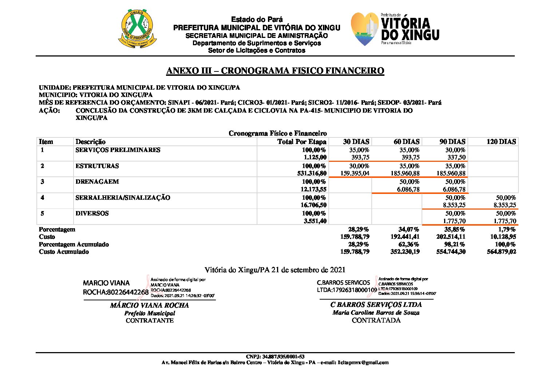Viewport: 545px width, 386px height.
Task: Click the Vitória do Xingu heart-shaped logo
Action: click(x=365, y=29)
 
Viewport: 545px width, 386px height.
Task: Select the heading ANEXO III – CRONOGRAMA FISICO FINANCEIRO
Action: click(x=275, y=71)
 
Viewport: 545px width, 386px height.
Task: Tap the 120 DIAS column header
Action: click(x=501, y=142)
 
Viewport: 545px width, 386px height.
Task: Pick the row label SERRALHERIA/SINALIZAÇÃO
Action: click(x=123, y=198)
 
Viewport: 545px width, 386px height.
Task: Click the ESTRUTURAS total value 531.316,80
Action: click(x=312, y=173)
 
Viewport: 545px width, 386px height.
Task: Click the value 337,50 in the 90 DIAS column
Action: click(x=456, y=157)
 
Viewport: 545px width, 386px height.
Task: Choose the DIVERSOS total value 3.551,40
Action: click(x=315, y=221)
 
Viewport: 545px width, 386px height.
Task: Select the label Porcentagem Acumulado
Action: click(x=74, y=244)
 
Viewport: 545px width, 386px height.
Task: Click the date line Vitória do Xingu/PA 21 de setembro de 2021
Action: click(x=275, y=270)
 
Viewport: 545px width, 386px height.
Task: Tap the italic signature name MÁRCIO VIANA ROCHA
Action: click(x=149, y=305)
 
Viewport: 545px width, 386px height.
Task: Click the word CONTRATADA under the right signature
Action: click(x=376, y=320)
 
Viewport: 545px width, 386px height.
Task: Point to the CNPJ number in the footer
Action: click(x=275, y=356)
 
